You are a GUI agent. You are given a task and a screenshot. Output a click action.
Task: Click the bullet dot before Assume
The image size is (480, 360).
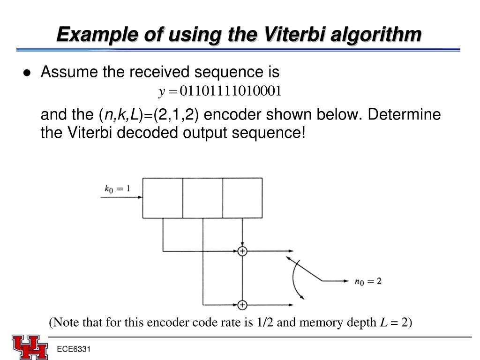(x=27, y=73)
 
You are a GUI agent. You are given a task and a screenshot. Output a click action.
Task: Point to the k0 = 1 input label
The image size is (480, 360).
(x=117, y=189)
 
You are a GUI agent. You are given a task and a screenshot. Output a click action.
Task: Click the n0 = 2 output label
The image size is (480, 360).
(x=368, y=281)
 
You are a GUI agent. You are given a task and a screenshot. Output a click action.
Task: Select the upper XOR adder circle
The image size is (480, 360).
(x=242, y=251)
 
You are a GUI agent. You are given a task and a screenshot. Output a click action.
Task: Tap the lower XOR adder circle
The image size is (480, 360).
(x=242, y=305)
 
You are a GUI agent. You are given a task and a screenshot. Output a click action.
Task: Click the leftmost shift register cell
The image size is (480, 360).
(x=162, y=198)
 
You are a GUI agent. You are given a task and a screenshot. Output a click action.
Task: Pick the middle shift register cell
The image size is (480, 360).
(x=202, y=198)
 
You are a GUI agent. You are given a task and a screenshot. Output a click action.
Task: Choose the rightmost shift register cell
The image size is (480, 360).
(x=242, y=198)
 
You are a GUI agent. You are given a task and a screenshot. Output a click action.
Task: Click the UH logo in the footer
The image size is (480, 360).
(x=30, y=347)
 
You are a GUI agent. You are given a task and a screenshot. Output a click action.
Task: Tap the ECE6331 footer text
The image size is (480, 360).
(x=74, y=350)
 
